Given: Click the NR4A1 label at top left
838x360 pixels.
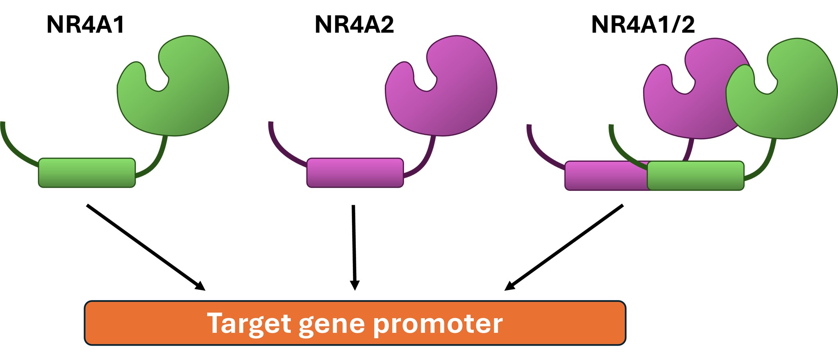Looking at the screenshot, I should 86,25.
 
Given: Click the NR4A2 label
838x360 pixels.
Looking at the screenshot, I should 354,25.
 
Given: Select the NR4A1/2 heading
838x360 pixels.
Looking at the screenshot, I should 643,25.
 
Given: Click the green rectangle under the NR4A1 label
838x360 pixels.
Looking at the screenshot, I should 87,173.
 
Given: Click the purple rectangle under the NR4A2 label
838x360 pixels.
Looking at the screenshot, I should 355,173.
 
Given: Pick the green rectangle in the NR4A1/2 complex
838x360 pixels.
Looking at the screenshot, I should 695,176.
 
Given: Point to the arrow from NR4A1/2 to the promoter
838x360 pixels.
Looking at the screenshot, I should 565,247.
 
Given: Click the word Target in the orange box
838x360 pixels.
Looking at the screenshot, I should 249,324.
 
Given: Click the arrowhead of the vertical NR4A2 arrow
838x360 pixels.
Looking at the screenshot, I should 354,286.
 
